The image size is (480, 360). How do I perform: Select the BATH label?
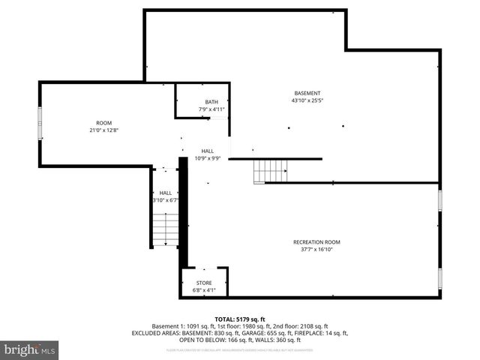pyautogui.click(x=211, y=102)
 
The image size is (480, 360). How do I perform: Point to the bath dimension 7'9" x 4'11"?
pyautogui.click(x=211, y=109)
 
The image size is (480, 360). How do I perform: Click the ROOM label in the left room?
pyautogui.click(x=103, y=123)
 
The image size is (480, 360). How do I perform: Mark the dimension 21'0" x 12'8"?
pyautogui.click(x=103, y=130)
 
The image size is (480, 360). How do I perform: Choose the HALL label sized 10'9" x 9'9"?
pyautogui.click(x=208, y=151)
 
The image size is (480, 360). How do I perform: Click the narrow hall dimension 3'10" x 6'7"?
pyautogui.click(x=165, y=200)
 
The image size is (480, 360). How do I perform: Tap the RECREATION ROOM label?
pyautogui.click(x=316, y=241)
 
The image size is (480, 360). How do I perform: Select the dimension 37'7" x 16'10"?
pyautogui.click(x=316, y=249)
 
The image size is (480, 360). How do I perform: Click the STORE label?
pyautogui.click(x=204, y=283)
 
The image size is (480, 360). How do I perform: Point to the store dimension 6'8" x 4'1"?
pyautogui.click(x=204, y=290)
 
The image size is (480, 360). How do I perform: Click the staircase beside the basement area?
pyautogui.click(x=270, y=172)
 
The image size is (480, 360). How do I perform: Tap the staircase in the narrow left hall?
pyautogui.click(x=166, y=229)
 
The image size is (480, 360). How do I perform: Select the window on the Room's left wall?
pyautogui.click(x=40, y=123)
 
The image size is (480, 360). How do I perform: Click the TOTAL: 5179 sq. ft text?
pyautogui.click(x=240, y=319)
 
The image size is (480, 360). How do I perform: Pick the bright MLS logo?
pyautogui.click(x=30, y=349)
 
